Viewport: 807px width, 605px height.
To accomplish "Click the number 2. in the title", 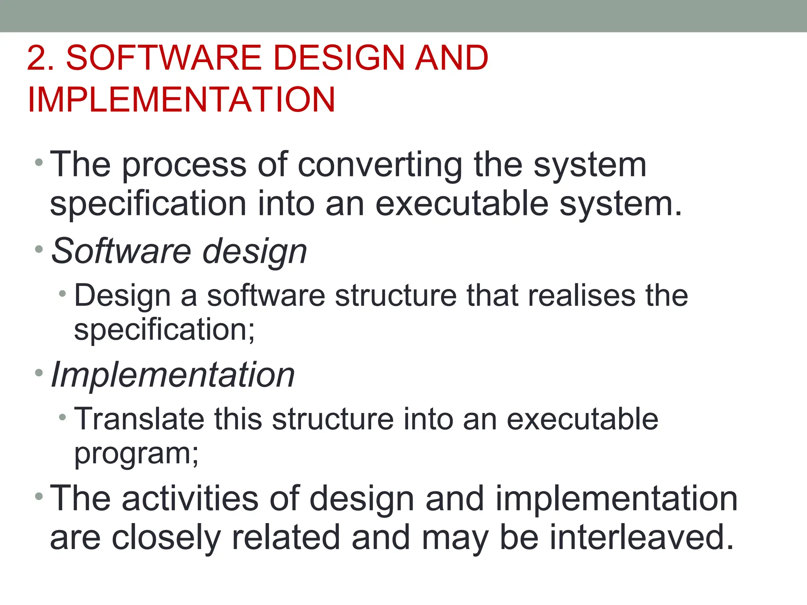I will click(x=41, y=58).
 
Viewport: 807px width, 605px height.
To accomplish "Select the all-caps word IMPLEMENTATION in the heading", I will click(x=181, y=100).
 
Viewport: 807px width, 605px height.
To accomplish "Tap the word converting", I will click(x=380, y=165).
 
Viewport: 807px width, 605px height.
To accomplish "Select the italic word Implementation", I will click(x=173, y=375).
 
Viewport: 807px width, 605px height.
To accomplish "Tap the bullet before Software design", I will click(x=39, y=249).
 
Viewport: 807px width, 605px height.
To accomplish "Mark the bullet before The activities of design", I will click(x=39, y=496).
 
